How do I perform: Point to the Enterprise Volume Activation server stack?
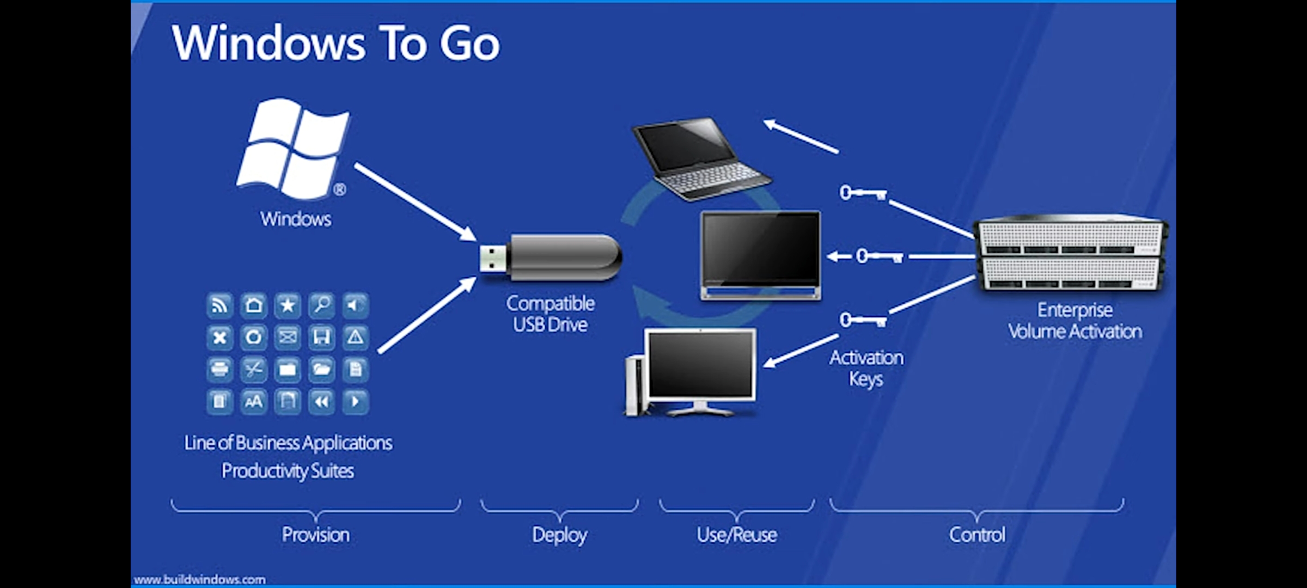1071,254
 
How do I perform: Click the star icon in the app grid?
288,305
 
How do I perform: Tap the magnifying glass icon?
321,305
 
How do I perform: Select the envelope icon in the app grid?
288,337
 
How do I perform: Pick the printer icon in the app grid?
219,369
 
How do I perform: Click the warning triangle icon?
355,337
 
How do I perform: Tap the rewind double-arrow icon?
321,402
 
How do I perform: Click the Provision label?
315,535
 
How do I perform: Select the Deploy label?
559,535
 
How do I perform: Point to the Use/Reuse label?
737,535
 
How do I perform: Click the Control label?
977,535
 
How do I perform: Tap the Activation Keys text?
866,368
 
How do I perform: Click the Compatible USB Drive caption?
550,314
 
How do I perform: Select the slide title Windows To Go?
335,43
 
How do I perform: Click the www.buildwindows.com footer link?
200,580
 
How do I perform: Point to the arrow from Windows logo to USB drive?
415,201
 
